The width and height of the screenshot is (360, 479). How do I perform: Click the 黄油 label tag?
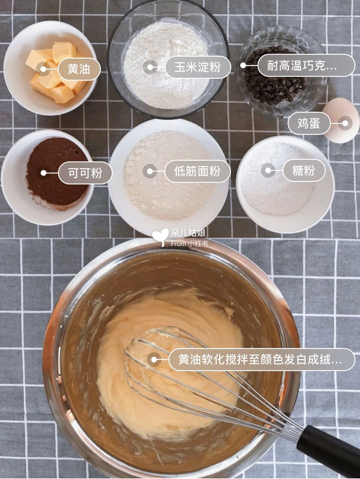pyautogui.click(x=79, y=69)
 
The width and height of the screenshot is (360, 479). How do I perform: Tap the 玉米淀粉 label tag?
pyautogui.click(x=197, y=67)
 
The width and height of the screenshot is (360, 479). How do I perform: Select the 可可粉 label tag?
pyautogui.click(x=85, y=173)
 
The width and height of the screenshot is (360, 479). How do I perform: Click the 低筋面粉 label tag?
pyautogui.click(x=197, y=171)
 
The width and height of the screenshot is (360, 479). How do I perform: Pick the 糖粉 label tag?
pyautogui.click(x=303, y=170)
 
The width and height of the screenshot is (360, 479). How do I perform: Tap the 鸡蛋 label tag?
pyautogui.click(x=309, y=123)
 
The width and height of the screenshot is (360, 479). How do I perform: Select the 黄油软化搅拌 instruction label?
pyautogui.click(x=261, y=360)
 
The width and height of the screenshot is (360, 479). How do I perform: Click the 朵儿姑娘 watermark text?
pyautogui.click(x=188, y=232)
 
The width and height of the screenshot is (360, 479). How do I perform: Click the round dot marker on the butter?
pyautogui.click(x=43, y=69)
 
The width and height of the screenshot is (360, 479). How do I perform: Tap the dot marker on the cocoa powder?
pyautogui.click(x=43, y=173)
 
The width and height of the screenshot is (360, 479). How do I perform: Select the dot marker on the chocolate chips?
pyautogui.click(x=244, y=66)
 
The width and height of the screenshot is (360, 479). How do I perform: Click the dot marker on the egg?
pyautogui.click(x=345, y=123)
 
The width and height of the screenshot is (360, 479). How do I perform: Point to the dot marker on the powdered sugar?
pyautogui.click(x=268, y=170)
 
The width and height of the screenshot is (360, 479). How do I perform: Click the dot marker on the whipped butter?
pyautogui.click(x=154, y=360)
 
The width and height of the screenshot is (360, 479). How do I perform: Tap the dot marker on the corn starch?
pyautogui.click(x=150, y=67)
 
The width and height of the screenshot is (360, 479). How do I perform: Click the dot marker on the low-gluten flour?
pyautogui.click(x=150, y=171)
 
